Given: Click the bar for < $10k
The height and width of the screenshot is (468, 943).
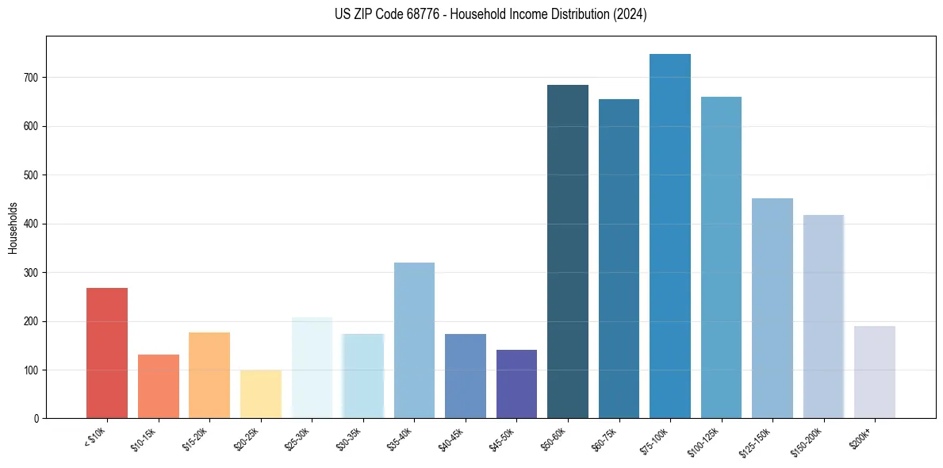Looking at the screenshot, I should point(107,353).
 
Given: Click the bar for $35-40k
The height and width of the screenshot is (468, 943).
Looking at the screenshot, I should point(414,340).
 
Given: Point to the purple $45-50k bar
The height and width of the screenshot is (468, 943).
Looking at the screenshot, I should point(516,384).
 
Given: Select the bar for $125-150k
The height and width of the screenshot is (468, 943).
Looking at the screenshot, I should point(772,309).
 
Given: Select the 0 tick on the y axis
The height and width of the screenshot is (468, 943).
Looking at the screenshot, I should point(37,419).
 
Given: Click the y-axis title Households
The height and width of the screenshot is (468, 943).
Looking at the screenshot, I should point(13,227).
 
